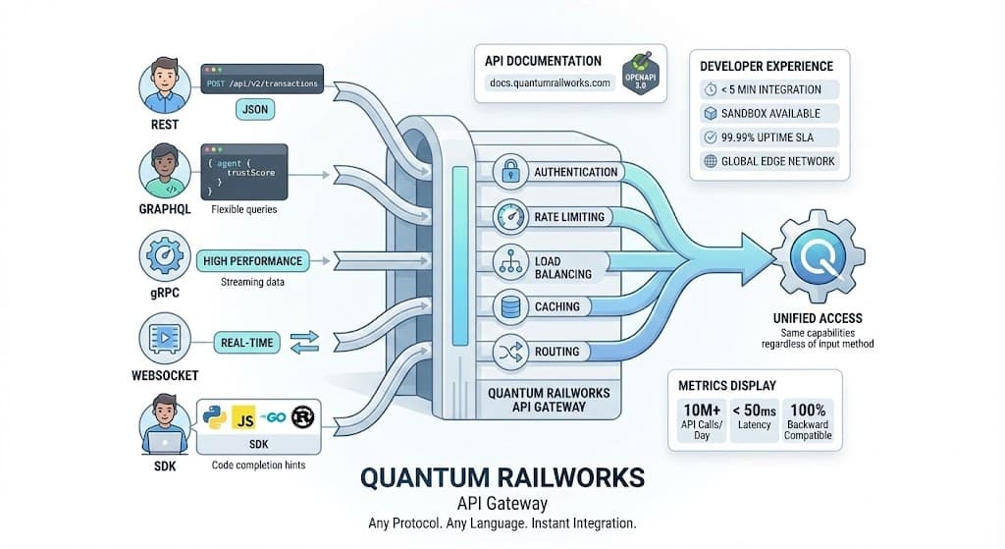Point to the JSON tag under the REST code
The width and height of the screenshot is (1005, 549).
coord(254,111)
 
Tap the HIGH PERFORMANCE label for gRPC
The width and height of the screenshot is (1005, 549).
coord(253,261)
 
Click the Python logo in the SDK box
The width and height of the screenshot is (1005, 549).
coord(214,417)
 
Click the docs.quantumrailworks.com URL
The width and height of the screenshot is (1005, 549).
coord(550,83)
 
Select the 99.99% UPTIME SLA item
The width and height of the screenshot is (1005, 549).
coord(768,137)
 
